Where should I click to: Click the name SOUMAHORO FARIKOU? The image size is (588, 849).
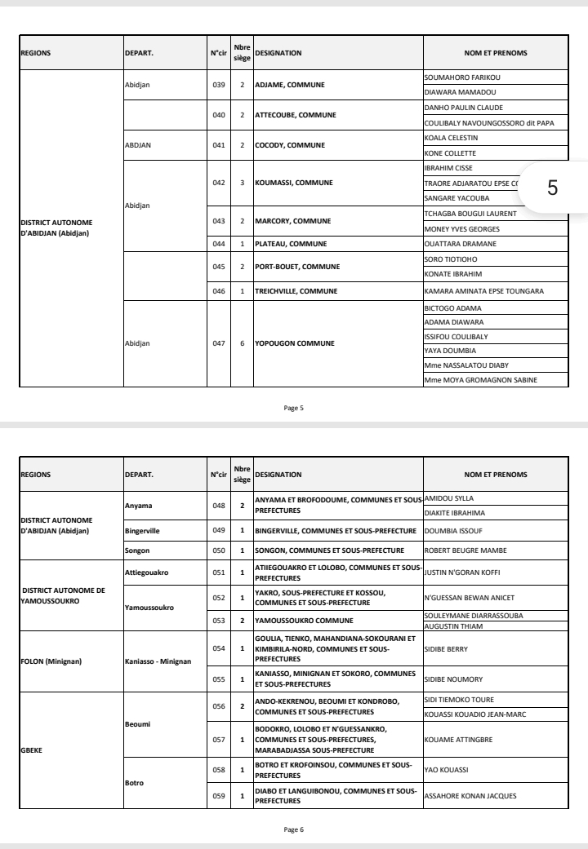pyautogui.click(x=461, y=77)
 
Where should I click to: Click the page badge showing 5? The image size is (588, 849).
pyautogui.click(x=552, y=188)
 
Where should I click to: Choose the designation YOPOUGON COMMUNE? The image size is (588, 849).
pyautogui.click(x=295, y=343)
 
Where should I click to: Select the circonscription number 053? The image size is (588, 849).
pyautogui.click(x=218, y=620)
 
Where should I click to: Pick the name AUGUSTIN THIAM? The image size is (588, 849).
pyautogui.click(x=454, y=626)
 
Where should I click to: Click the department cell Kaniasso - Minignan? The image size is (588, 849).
pyautogui.click(x=157, y=660)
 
